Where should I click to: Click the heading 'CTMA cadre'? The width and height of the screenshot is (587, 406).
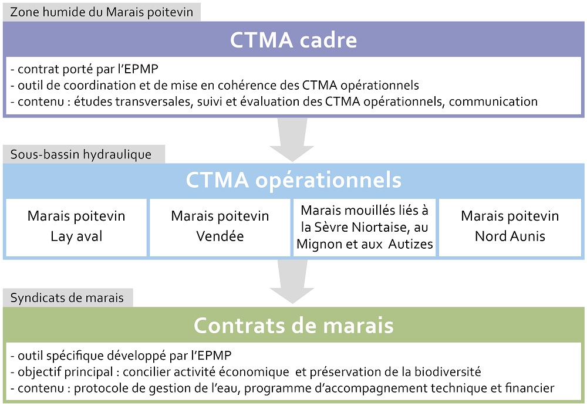pyautogui.click(x=293, y=40)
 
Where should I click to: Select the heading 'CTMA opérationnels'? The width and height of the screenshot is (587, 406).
pyautogui.click(x=293, y=180)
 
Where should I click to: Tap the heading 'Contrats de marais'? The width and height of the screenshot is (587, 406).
pyautogui.click(x=293, y=325)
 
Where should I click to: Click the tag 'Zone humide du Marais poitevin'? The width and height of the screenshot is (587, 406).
pyautogui.click(x=102, y=12)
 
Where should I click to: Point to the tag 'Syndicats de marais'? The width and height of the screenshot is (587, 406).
pyautogui.click(x=68, y=297)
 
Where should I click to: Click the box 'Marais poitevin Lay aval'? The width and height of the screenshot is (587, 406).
pyautogui.click(x=76, y=228)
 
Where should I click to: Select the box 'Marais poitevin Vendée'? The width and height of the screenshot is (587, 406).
pyautogui.click(x=220, y=228)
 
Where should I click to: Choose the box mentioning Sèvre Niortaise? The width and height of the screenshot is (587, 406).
pyautogui.click(x=365, y=228)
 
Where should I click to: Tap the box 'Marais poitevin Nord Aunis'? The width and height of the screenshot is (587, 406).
pyautogui.click(x=510, y=228)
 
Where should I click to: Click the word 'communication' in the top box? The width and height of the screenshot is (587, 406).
pyautogui.click(x=493, y=101)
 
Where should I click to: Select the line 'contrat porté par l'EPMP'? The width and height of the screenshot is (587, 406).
pyautogui.click(x=85, y=69)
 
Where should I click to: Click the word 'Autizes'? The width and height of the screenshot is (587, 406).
pyautogui.click(x=411, y=244)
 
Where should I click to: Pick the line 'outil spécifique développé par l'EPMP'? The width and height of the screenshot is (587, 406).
pyautogui.click(x=121, y=356)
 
